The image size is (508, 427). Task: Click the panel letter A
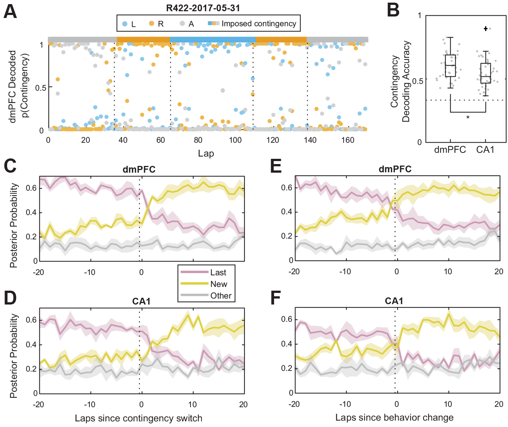pyautogui.click(x=10, y=11)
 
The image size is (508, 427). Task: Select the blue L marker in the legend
pyautogui.click(x=125, y=24)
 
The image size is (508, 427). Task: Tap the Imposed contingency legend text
pyautogui.click(x=259, y=24)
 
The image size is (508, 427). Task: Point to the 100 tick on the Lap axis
pyautogui.click(x=235, y=140)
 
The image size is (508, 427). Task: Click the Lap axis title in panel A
pyautogui.click(x=206, y=153)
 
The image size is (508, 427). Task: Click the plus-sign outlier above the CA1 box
pyautogui.click(x=486, y=28)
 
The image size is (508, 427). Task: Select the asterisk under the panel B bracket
pyautogui.click(x=468, y=118)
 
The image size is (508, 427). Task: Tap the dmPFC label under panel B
pyautogui.click(x=450, y=150)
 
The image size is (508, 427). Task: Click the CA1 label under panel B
pyautogui.click(x=485, y=150)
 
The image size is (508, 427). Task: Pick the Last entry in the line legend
pyautogui.click(x=218, y=272)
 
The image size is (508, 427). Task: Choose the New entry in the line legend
pyautogui.click(x=219, y=284)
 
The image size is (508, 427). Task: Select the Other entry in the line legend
pyautogui.click(x=221, y=296)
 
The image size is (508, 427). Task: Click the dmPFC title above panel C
pyautogui.click(x=139, y=169)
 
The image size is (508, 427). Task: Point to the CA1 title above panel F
pyautogui.click(x=394, y=301)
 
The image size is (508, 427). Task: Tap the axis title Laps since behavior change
pyautogui.click(x=394, y=418)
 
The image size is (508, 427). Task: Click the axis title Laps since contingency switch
pyautogui.click(x=139, y=418)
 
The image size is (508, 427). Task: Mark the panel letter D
pyautogui.click(x=10, y=298)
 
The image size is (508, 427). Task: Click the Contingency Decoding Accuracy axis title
pyautogui.click(x=400, y=81)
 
